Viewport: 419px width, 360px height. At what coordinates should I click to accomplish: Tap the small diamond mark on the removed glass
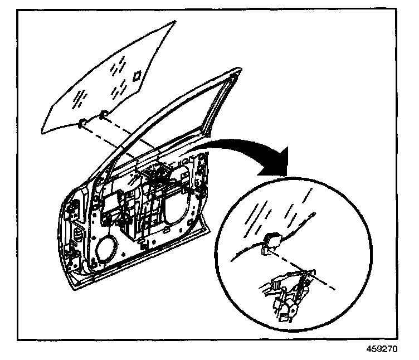136,74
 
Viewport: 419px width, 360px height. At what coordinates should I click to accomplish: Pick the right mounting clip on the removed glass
104,115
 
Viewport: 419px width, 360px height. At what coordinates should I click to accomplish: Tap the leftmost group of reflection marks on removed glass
79,99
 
